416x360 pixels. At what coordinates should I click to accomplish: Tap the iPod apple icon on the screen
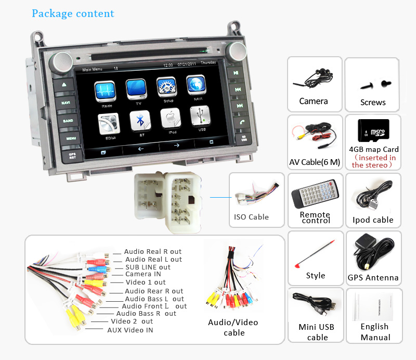click(x=171, y=120)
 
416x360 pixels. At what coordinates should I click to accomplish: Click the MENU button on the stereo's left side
click(x=66, y=138)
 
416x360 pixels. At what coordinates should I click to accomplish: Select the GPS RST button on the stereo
click(x=66, y=155)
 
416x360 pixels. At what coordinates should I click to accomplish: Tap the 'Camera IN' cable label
click(x=143, y=274)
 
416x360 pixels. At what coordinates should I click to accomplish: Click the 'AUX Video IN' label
click(x=130, y=330)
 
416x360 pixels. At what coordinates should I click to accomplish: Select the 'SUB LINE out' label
click(x=148, y=267)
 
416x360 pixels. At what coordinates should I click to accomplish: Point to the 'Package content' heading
click(x=73, y=13)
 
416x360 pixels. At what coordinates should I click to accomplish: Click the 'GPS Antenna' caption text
click(x=373, y=278)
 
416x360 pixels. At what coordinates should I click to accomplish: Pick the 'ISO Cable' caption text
click(x=251, y=217)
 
